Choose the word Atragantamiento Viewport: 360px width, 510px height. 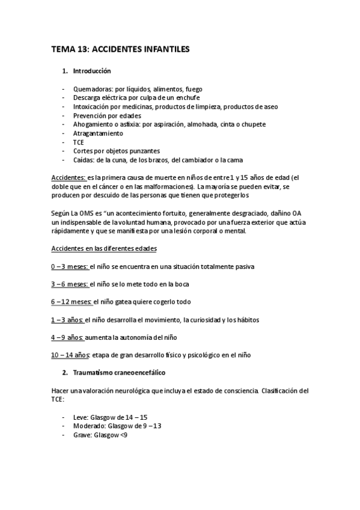98,133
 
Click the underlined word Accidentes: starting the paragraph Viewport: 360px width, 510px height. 69,178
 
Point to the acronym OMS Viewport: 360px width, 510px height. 88,214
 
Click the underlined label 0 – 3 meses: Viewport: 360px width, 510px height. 70,266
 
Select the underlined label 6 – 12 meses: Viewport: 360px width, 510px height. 72,302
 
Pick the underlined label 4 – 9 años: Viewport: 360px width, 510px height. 67,337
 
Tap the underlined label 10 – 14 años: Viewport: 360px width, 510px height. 70,355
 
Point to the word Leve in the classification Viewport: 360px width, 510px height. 79,417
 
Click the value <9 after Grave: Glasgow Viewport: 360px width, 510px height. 123,435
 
